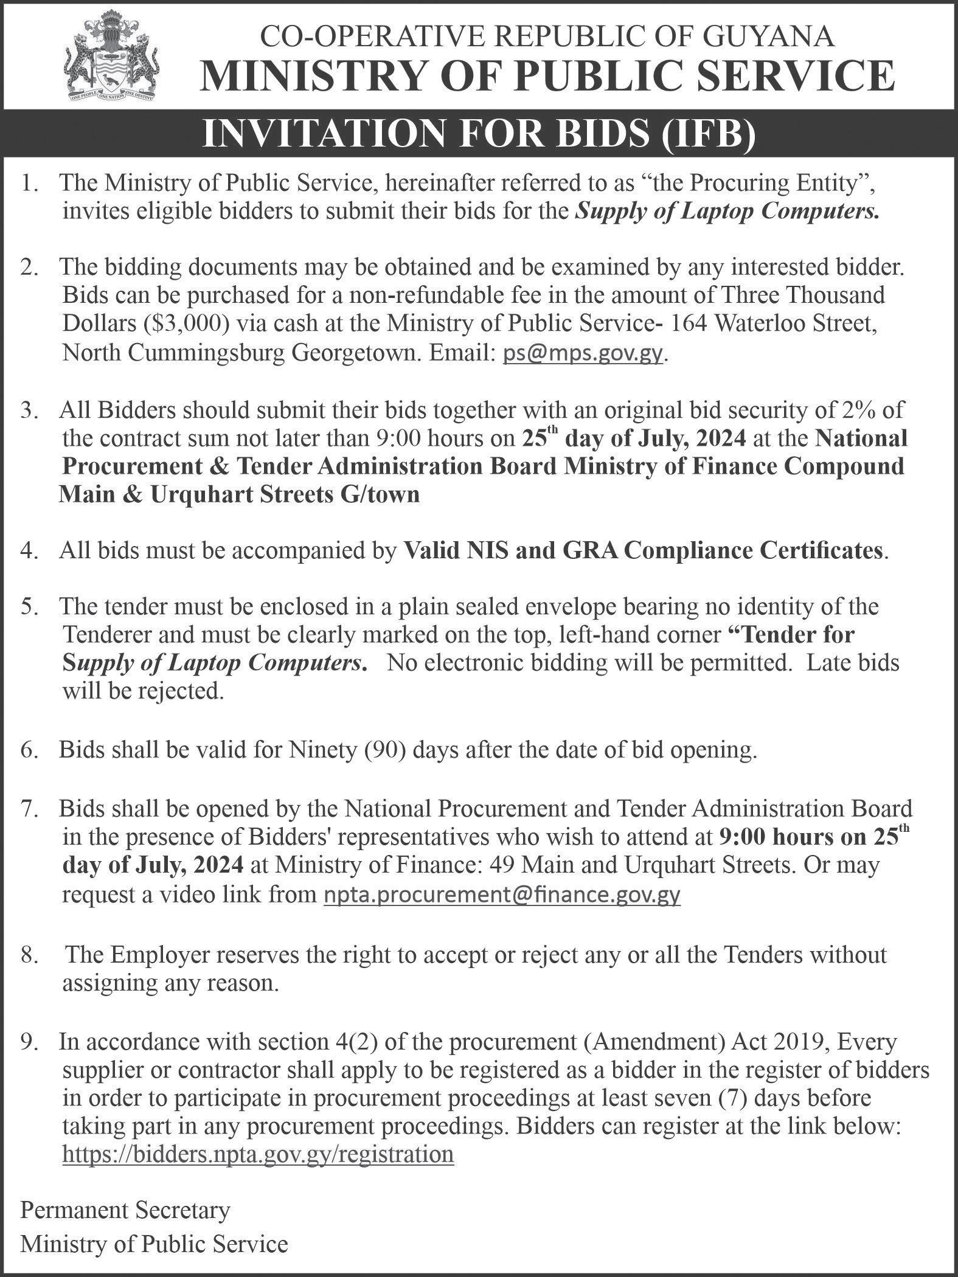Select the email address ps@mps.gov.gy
pos(583,353)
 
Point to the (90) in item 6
pos(389,751)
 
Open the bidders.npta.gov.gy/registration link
pos(258,1155)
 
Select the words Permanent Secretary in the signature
pos(125,1210)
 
